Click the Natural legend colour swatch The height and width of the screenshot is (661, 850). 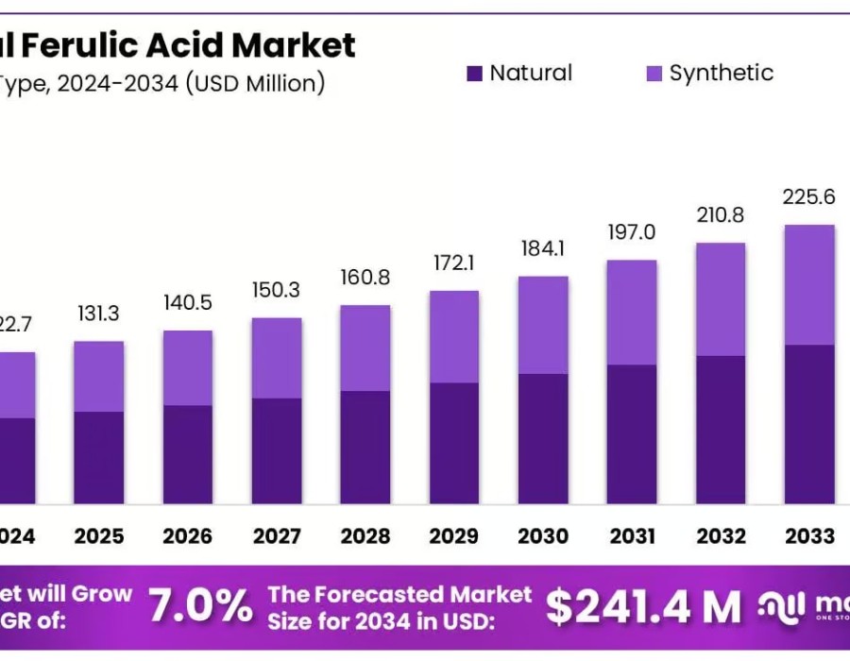point(474,74)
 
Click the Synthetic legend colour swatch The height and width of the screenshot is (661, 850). point(654,74)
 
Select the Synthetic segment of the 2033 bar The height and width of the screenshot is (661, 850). point(809,284)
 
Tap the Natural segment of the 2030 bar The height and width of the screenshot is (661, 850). point(543,438)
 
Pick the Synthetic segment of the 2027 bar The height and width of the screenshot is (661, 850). point(277,358)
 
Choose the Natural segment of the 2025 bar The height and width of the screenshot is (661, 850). point(99,457)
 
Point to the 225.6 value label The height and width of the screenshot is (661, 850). point(809,196)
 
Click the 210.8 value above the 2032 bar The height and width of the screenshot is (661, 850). point(721,214)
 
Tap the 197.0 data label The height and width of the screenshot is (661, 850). point(632,231)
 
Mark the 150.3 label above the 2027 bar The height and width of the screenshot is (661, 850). point(277,290)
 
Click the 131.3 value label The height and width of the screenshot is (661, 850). point(99,314)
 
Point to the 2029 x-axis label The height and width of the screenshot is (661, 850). point(454,536)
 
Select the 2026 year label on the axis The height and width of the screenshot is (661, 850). point(188,536)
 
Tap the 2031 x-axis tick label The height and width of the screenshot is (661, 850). point(632,536)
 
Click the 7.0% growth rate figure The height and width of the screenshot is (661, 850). point(201,607)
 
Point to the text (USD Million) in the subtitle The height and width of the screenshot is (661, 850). point(255,83)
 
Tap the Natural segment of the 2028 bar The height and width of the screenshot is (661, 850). point(365,447)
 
